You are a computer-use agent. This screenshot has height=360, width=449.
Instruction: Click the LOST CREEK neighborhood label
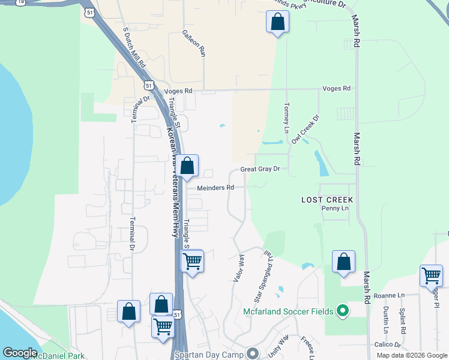327,199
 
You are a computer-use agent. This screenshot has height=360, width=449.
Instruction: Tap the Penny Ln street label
335,208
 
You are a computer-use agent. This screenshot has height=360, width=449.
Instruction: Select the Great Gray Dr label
261,170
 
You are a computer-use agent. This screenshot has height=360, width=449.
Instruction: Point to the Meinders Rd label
215,188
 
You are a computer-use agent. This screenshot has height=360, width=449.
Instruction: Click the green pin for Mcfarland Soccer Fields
342,311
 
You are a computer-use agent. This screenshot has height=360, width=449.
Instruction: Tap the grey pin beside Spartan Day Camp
252,353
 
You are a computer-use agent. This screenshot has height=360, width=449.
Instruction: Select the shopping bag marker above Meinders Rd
187,165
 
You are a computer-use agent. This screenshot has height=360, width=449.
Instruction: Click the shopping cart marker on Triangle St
192,260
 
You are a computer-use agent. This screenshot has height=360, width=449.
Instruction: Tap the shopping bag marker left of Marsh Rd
343,261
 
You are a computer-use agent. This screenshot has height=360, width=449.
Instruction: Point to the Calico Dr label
387,345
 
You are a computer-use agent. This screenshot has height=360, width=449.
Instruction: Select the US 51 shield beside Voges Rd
149,85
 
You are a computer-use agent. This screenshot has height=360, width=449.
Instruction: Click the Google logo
20,353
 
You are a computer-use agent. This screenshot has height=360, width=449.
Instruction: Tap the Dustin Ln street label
385,319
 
